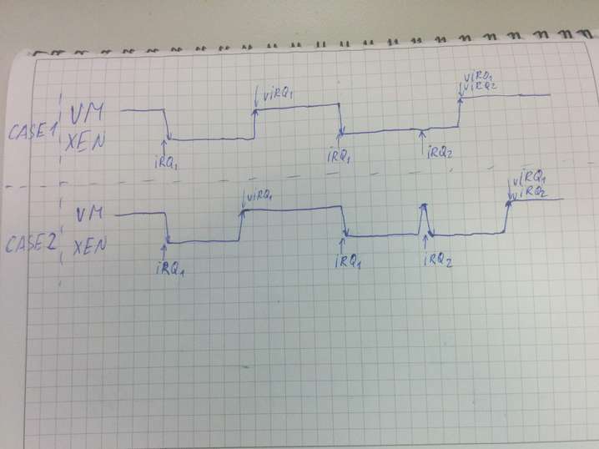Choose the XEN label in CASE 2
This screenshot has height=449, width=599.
click(x=88, y=248)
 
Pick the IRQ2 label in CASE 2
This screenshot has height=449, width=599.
click(x=438, y=259)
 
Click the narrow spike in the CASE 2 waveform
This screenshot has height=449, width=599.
click(x=424, y=219)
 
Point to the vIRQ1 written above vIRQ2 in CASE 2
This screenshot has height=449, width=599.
click(x=531, y=180)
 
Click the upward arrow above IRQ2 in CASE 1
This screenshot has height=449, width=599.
click(x=424, y=136)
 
